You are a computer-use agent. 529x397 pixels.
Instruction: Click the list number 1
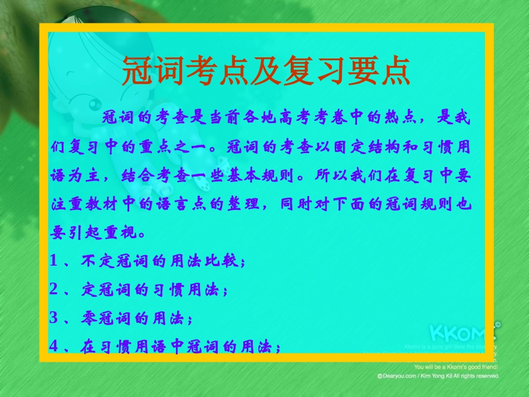(x=53, y=261)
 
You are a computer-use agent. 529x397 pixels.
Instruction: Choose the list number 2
(x=53, y=290)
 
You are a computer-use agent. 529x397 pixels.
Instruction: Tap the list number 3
(x=53, y=318)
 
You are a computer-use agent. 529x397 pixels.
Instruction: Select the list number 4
(x=53, y=347)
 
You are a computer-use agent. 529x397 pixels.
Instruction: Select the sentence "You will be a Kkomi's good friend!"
(x=456, y=367)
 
